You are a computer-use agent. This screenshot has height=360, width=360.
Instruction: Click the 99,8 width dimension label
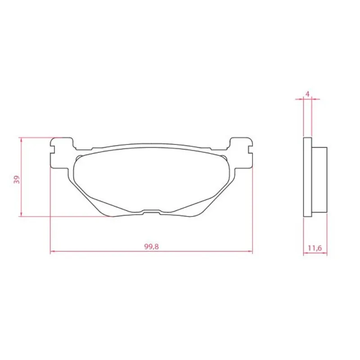click(x=152, y=247)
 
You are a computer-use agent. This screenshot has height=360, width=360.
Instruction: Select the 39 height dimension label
click(x=17, y=180)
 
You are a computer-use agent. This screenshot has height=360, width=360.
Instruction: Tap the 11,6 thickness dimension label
click(x=315, y=248)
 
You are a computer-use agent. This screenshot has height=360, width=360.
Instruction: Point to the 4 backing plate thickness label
click(x=308, y=94)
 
